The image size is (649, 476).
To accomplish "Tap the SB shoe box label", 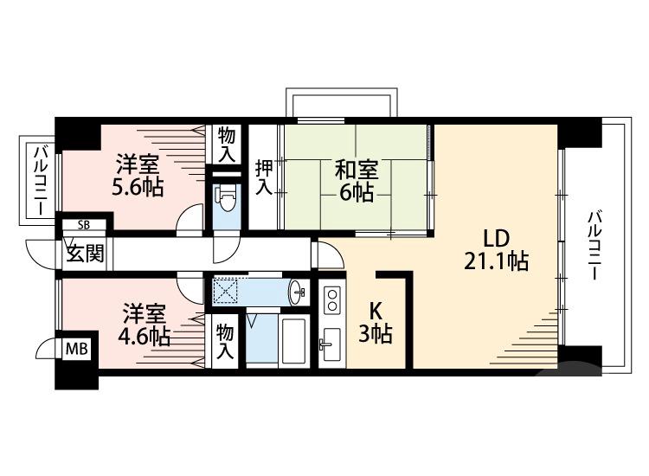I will click(x=83, y=225).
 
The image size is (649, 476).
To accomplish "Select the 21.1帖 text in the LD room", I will click(x=496, y=261).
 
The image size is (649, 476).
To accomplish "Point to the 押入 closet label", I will click(x=263, y=175).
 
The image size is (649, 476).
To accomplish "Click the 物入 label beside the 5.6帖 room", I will click(x=227, y=144).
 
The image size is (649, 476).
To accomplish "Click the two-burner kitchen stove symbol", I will click(x=331, y=300).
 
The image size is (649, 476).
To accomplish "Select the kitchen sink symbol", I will click(x=331, y=346).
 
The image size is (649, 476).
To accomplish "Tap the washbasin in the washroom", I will click(x=296, y=291).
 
